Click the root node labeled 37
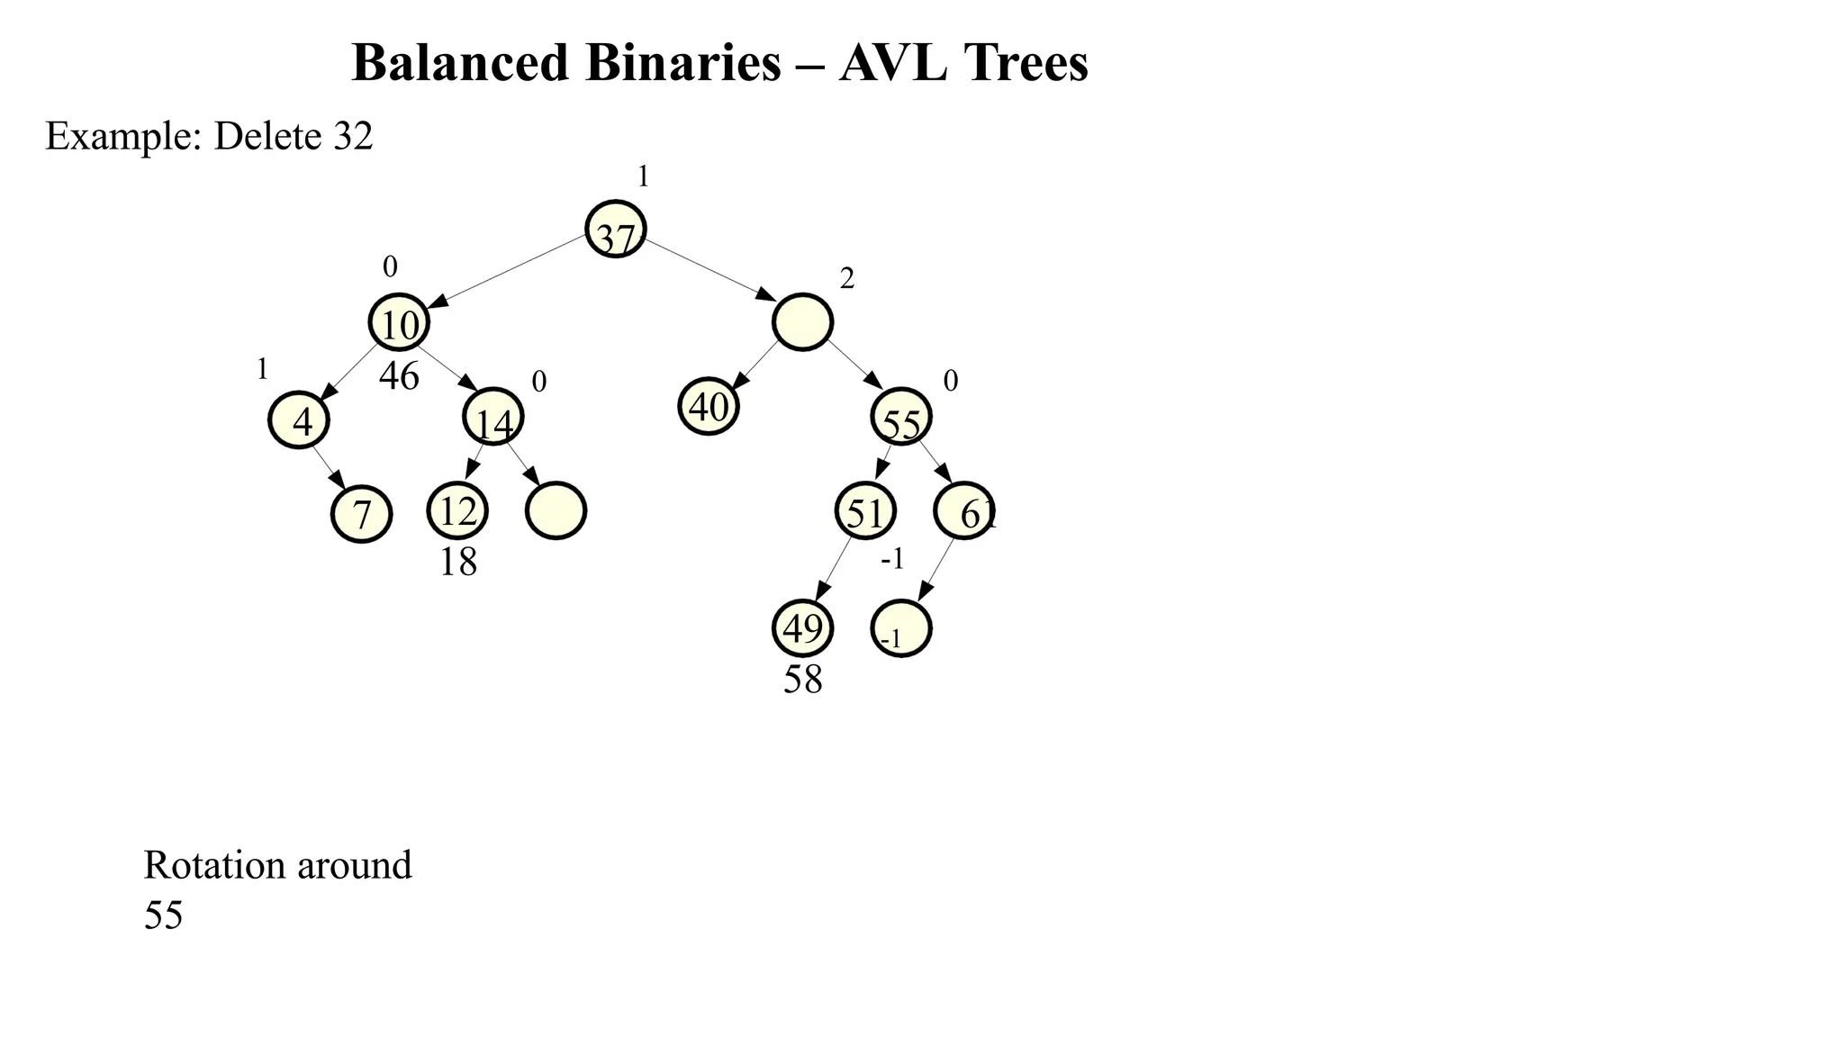pyautogui.click(x=616, y=230)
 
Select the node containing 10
pyautogui.click(x=399, y=322)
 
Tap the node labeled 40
pyautogui.click(x=709, y=407)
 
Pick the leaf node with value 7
pyautogui.click(x=362, y=514)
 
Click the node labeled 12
pyautogui.click(x=457, y=510)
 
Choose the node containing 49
pyautogui.click(x=802, y=628)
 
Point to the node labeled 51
pyautogui.click(x=865, y=511)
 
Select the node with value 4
pyautogui.click(x=299, y=420)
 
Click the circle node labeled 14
pyautogui.click(x=493, y=417)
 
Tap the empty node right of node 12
pyautogui.click(x=556, y=510)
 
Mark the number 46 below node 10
pyautogui.click(x=399, y=376)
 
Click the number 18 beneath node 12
pyautogui.click(x=457, y=563)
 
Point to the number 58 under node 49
pyautogui.click(x=802, y=680)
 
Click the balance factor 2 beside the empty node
pyautogui.click(x=846, y=280)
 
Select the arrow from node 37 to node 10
pyautogui.click(x=509, y=271)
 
